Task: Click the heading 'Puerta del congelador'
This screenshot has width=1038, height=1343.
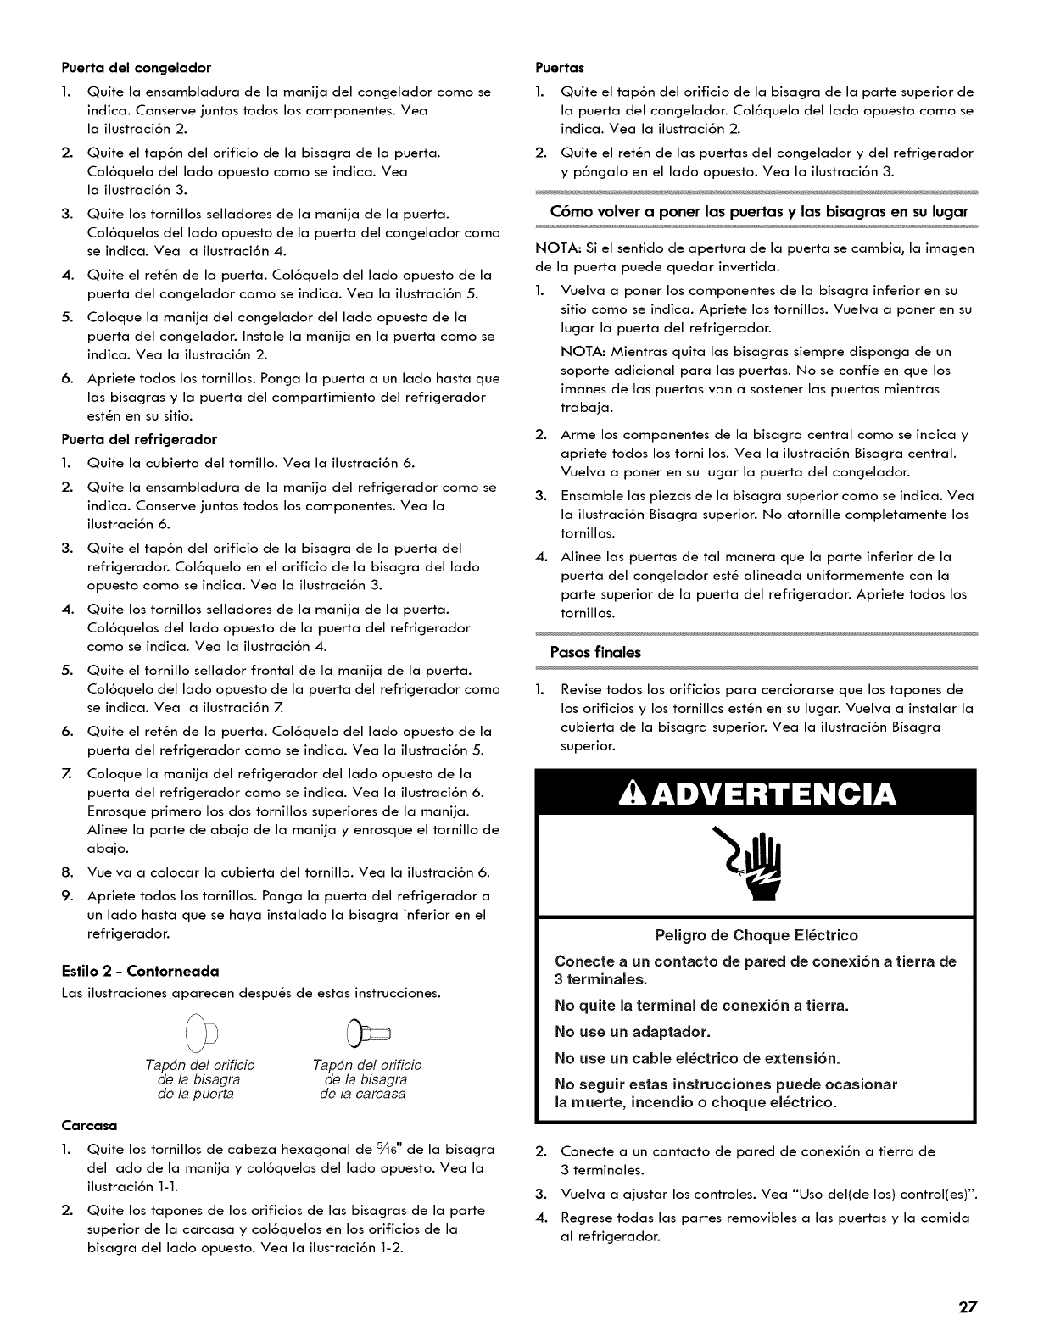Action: click(136, 66)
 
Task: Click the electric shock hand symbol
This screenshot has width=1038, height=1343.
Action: click(756, 868)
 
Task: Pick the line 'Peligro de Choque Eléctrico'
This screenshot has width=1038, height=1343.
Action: click(756, 935)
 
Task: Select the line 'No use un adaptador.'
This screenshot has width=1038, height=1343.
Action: click(632, 1032)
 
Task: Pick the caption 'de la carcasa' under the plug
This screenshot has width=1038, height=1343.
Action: click(362, 1094)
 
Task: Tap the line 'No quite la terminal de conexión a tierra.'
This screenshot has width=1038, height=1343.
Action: click(701, 1006)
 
